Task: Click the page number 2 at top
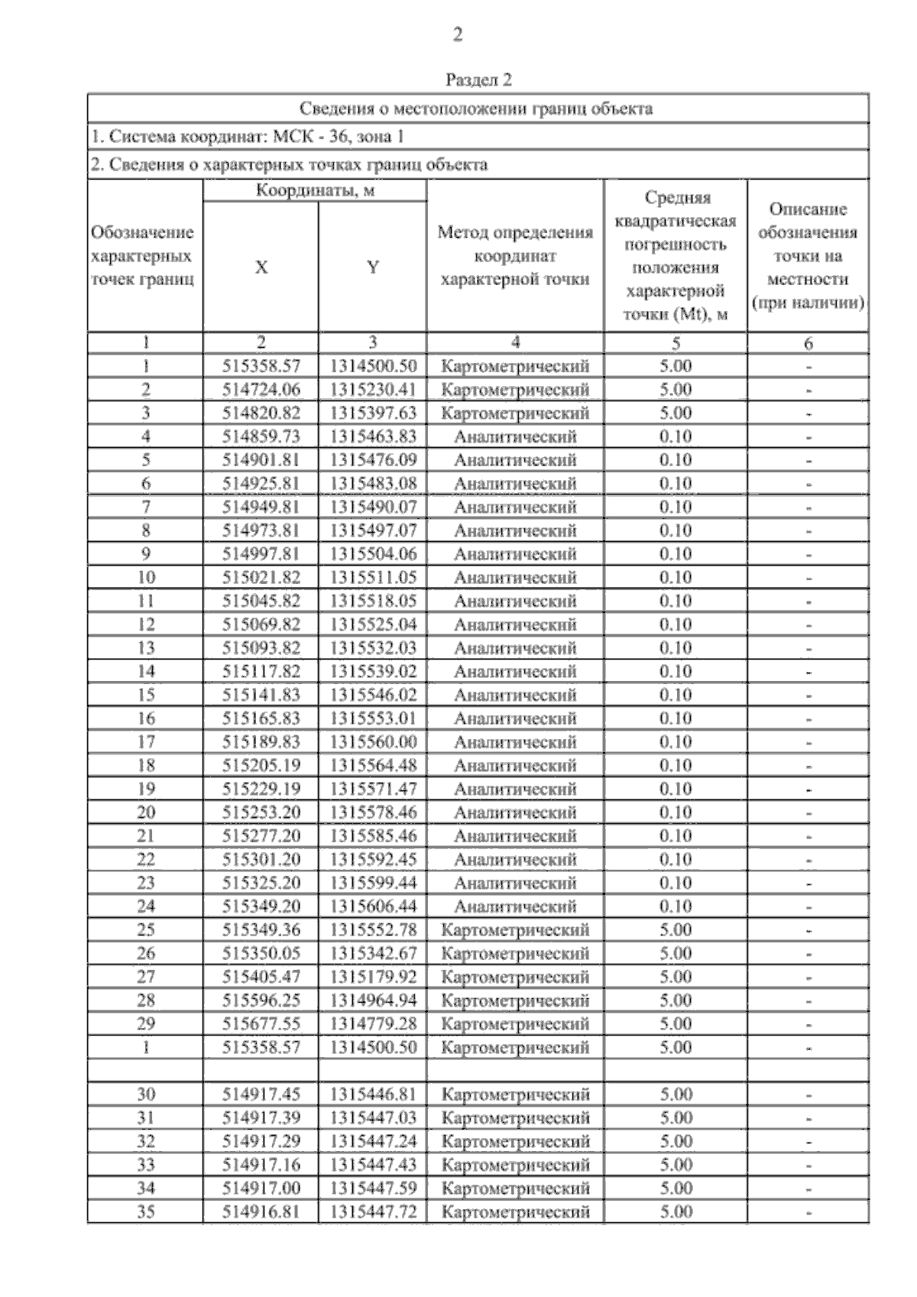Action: pos(457,34)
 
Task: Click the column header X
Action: pos(261,267)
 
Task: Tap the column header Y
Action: pos(372,267)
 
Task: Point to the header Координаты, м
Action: pos(315,190)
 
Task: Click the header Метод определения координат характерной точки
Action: pos(515,255)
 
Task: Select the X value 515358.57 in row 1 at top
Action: pos(261,366)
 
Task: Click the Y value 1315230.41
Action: pos(372,390)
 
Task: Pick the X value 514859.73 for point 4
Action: pos(261,436)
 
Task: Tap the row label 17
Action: pos(145,742)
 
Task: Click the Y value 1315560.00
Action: pos(372,742)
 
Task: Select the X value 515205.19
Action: pos(261,766)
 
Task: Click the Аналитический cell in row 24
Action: pos(515,906)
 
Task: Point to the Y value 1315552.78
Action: pos(372,930)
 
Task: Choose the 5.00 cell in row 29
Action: pos(676,1024)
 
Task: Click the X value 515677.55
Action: pos(261,1024)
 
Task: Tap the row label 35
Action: pos(145,1212)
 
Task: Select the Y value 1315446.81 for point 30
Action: pos(372,1094)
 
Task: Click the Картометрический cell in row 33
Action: pos(515,1166)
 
